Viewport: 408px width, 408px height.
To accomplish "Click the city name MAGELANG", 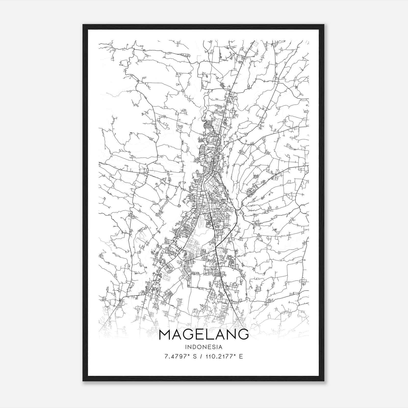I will tap(203, 334).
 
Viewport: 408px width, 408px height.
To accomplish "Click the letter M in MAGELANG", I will tap(165, 334).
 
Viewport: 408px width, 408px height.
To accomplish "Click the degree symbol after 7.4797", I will tap(189, 355).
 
